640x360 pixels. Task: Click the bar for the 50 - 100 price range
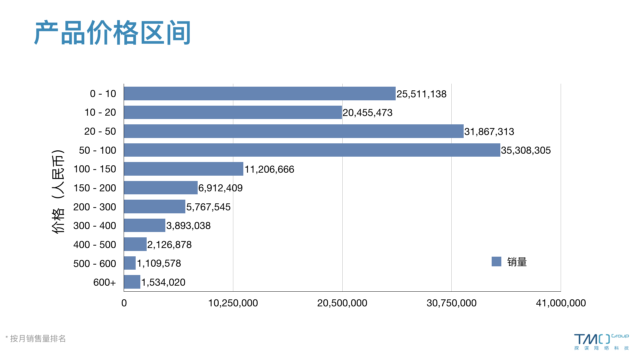(312, 150)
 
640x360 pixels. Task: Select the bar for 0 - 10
(259, 94)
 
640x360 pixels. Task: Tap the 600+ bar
(132, 282)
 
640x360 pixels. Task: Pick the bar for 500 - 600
(130, 263)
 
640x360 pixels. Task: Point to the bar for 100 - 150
(183, 169)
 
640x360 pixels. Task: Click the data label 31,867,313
(489, 132)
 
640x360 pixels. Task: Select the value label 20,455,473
(367, 113)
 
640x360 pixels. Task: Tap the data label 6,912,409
(220, 188)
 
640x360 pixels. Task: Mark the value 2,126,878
(169, 245)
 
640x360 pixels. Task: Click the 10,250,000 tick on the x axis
(233, 303)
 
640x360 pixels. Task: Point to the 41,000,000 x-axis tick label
(561, 303)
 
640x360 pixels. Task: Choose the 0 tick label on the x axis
(124, 303)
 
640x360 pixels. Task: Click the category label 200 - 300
(95, 207)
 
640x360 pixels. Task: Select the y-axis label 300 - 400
(95, 226)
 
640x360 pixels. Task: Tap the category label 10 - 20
(100, 112)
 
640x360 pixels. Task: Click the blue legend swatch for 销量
(496, 262)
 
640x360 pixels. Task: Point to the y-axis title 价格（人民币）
(58, 192)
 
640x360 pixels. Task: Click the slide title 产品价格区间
(112, 33)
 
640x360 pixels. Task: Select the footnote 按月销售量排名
(38, 339)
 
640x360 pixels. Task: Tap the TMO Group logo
(601, 342)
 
